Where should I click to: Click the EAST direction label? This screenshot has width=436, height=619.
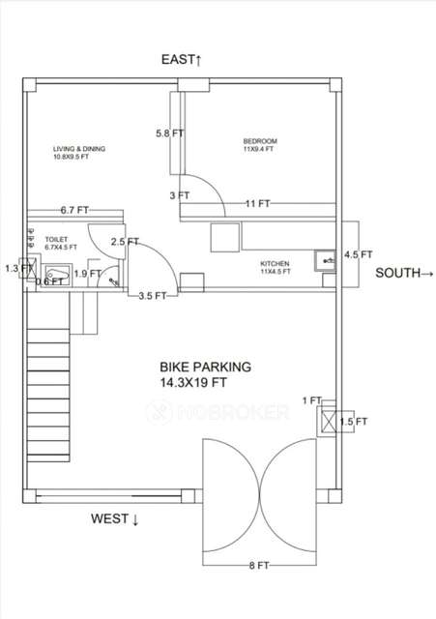click(182, 61)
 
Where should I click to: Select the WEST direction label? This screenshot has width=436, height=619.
click(115, 519)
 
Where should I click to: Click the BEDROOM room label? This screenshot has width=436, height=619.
click(259, 142)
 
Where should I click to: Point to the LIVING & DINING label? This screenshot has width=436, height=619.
click(79, 148)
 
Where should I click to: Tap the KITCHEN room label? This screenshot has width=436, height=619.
click(276, 263)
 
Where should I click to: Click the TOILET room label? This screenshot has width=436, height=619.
click(55, 237)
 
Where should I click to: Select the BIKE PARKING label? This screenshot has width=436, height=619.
click(205, 367)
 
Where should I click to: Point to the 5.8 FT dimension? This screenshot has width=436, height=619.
click(170, 133)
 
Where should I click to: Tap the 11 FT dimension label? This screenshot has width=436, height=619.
click(257, 204)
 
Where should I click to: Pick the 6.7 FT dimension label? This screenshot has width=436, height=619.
click(74, 210)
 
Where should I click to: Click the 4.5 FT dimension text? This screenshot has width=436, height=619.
click(358, 255)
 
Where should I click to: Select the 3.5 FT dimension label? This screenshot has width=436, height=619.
click(154, 296)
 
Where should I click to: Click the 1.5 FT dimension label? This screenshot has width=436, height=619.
click(355, 422)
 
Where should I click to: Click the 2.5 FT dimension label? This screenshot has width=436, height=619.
click(124, 242)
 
